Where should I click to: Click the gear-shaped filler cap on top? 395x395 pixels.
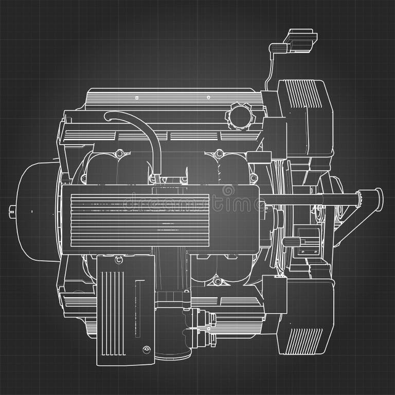pyautogui.click(x=241, y=116)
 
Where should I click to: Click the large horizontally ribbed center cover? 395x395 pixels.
pyautogui.click(x=139, y=217)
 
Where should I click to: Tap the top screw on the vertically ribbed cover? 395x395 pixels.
pyautogui.click(x=119, y=260)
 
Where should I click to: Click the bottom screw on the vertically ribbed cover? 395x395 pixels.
pyautogui.click(x=147, y=349)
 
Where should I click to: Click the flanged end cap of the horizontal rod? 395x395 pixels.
pyautogui.click(x=378, y=196)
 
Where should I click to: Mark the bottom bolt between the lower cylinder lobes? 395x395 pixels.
pyautogui.click(x=218, y=281)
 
